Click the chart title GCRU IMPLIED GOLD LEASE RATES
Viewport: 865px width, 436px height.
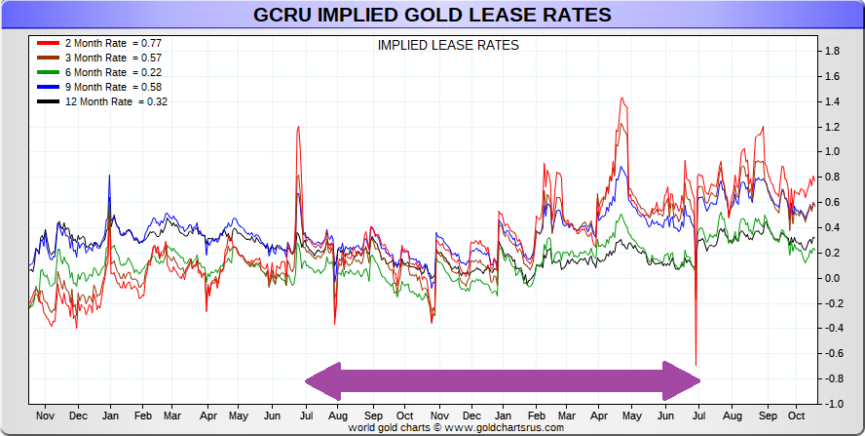(432, 15)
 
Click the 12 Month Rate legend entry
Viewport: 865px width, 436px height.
(102, 101)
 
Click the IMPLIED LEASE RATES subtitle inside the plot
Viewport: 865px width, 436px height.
(447, 45)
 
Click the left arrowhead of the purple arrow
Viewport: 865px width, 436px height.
(321, 380)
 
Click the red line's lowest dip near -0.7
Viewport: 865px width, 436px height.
(696, 364)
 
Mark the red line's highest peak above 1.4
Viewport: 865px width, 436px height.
(621, 98)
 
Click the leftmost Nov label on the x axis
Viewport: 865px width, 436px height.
(45, 415)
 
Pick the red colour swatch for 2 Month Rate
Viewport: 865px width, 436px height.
(49, 44)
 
